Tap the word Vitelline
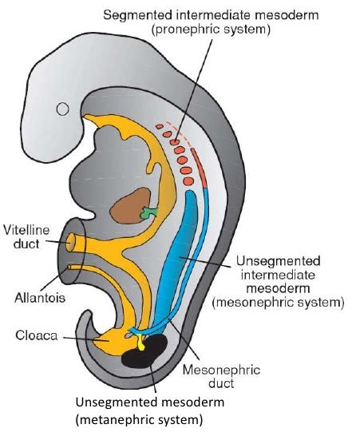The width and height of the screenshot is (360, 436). coord(27,229)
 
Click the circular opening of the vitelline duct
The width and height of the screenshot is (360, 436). coord(72,238)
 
